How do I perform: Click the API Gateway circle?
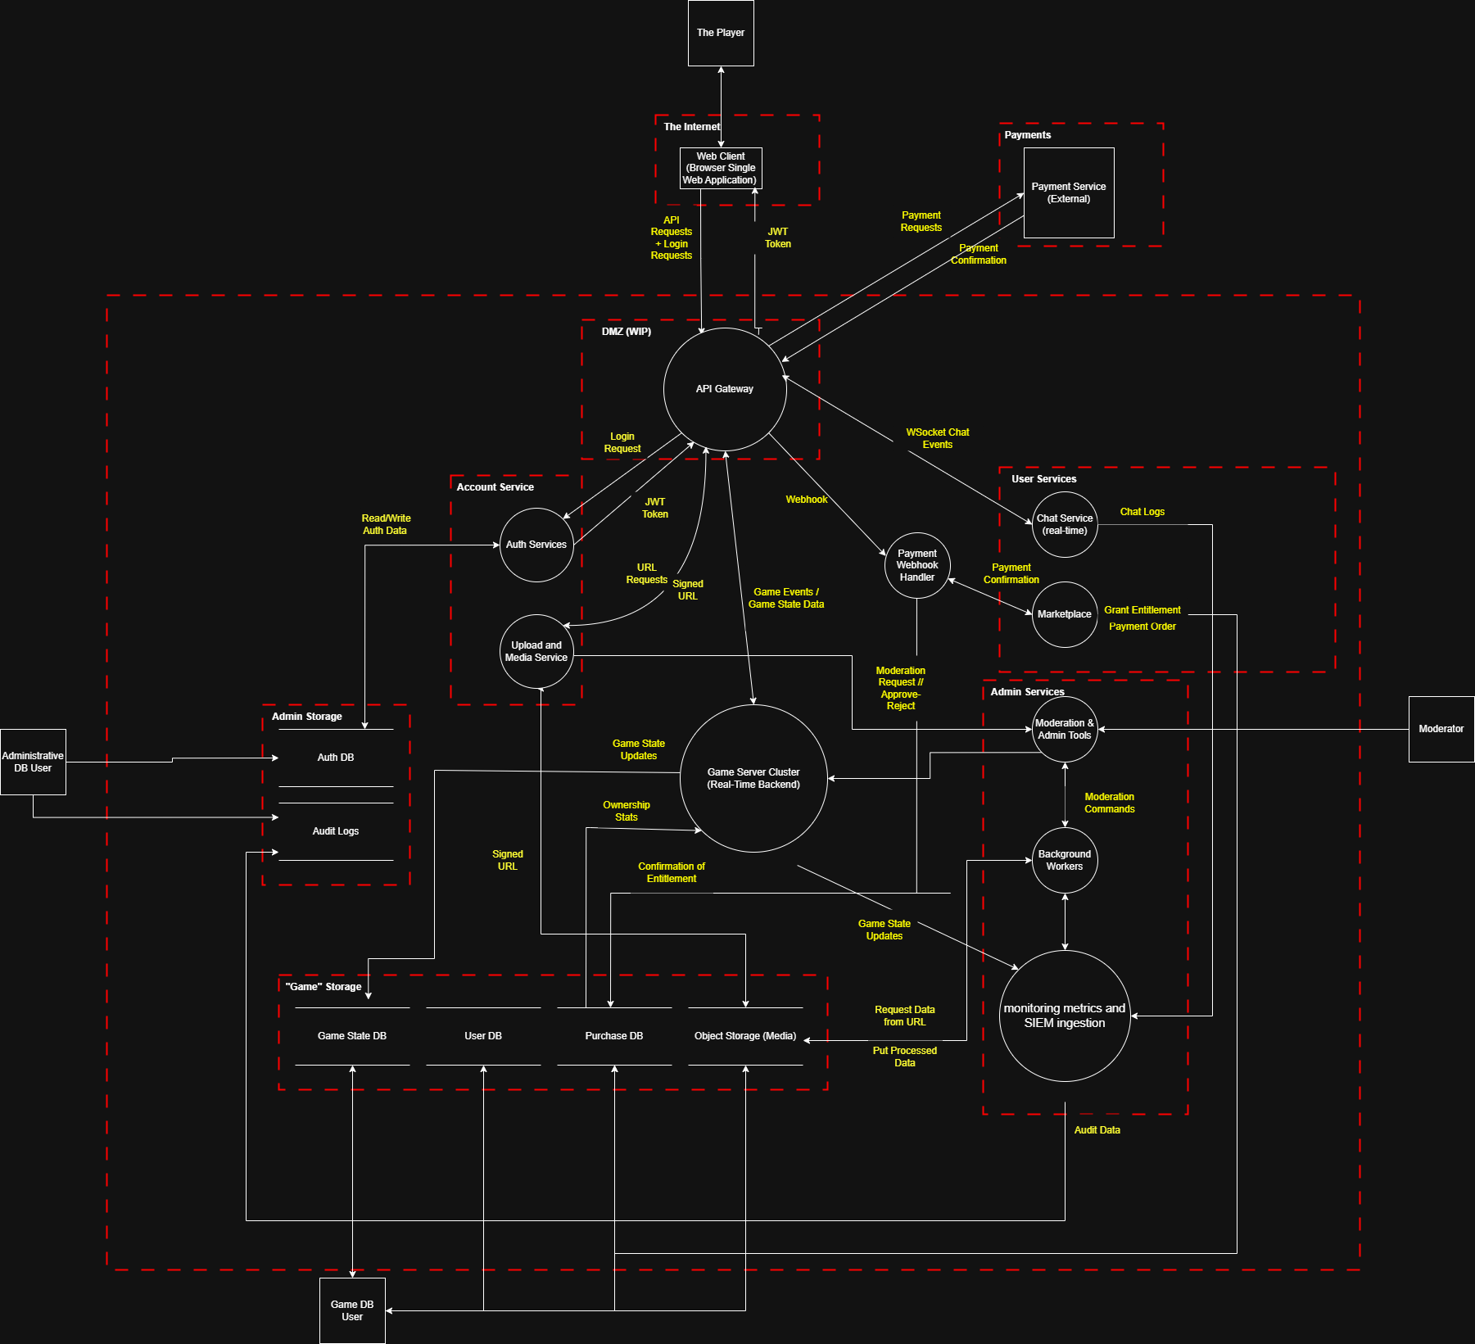[x=725, y=389]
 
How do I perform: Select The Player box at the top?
[x=721, y=33]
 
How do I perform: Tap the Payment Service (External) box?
[x=1069, y=192]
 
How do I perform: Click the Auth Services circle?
[x=536, y=545]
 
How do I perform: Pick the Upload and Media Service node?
[x=536, y=651]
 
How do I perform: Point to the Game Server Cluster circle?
[x=753, y=778]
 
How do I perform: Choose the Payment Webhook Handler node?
[x=917, y=565]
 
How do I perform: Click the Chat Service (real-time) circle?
[x=1065, y=524]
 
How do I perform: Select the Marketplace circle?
[x=1065, y=614]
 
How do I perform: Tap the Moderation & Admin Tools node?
[x=1065, y=729]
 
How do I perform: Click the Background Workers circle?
[x=1065, y=860]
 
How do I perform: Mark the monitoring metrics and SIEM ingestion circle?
[x=1065, y=1016]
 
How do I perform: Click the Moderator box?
[x=1441, y=729]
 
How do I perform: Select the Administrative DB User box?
[x=33, y=762]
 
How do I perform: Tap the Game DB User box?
[x=352, y=1310]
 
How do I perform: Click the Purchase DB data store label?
[x=614, y=1036]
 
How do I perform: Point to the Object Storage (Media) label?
[x=745, y=1036]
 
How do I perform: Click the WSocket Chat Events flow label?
[x=938, y=438]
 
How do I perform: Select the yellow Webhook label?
[x=807, y=500]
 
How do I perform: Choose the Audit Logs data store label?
[x=336, y=831]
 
